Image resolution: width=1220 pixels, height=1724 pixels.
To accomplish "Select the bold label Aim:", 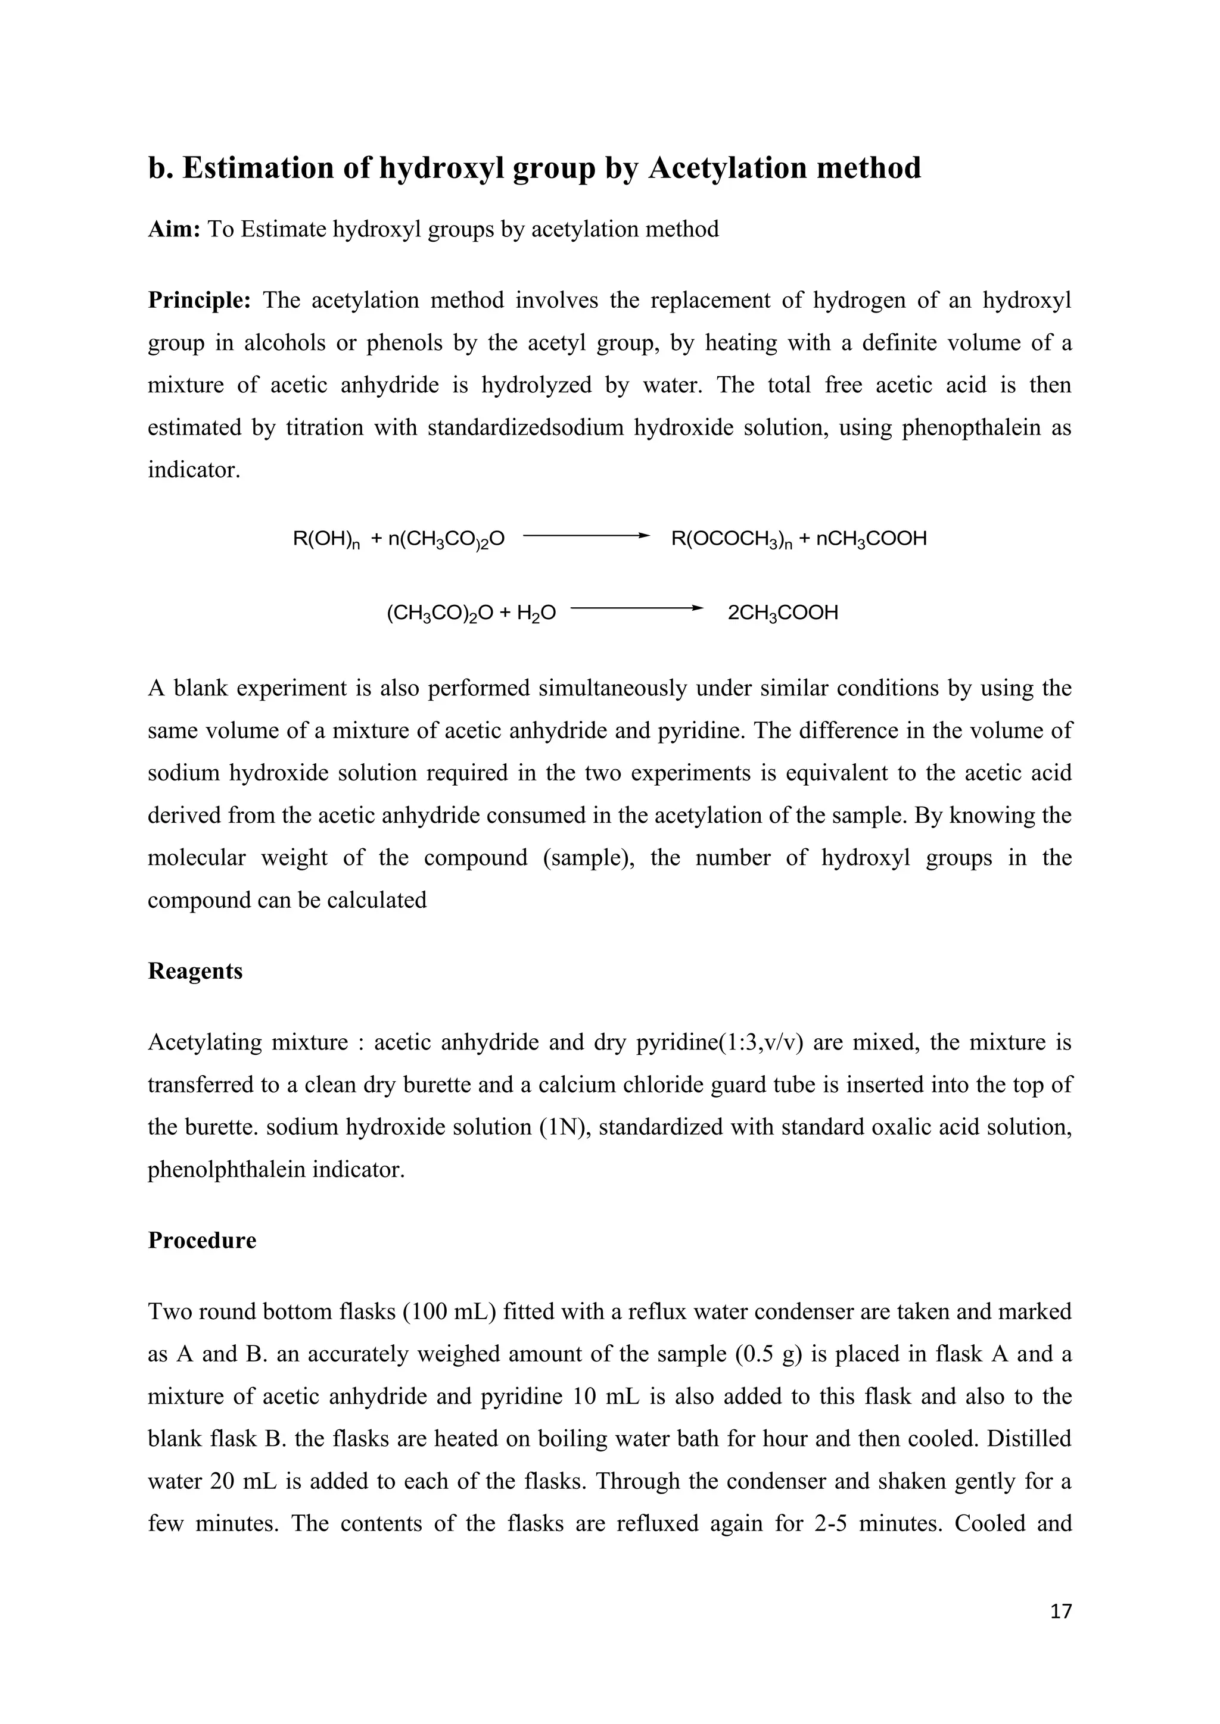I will [173, 229].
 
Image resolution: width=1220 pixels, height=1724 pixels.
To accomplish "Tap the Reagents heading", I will [195, 971].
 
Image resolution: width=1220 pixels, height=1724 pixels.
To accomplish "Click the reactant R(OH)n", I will [326, 539].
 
